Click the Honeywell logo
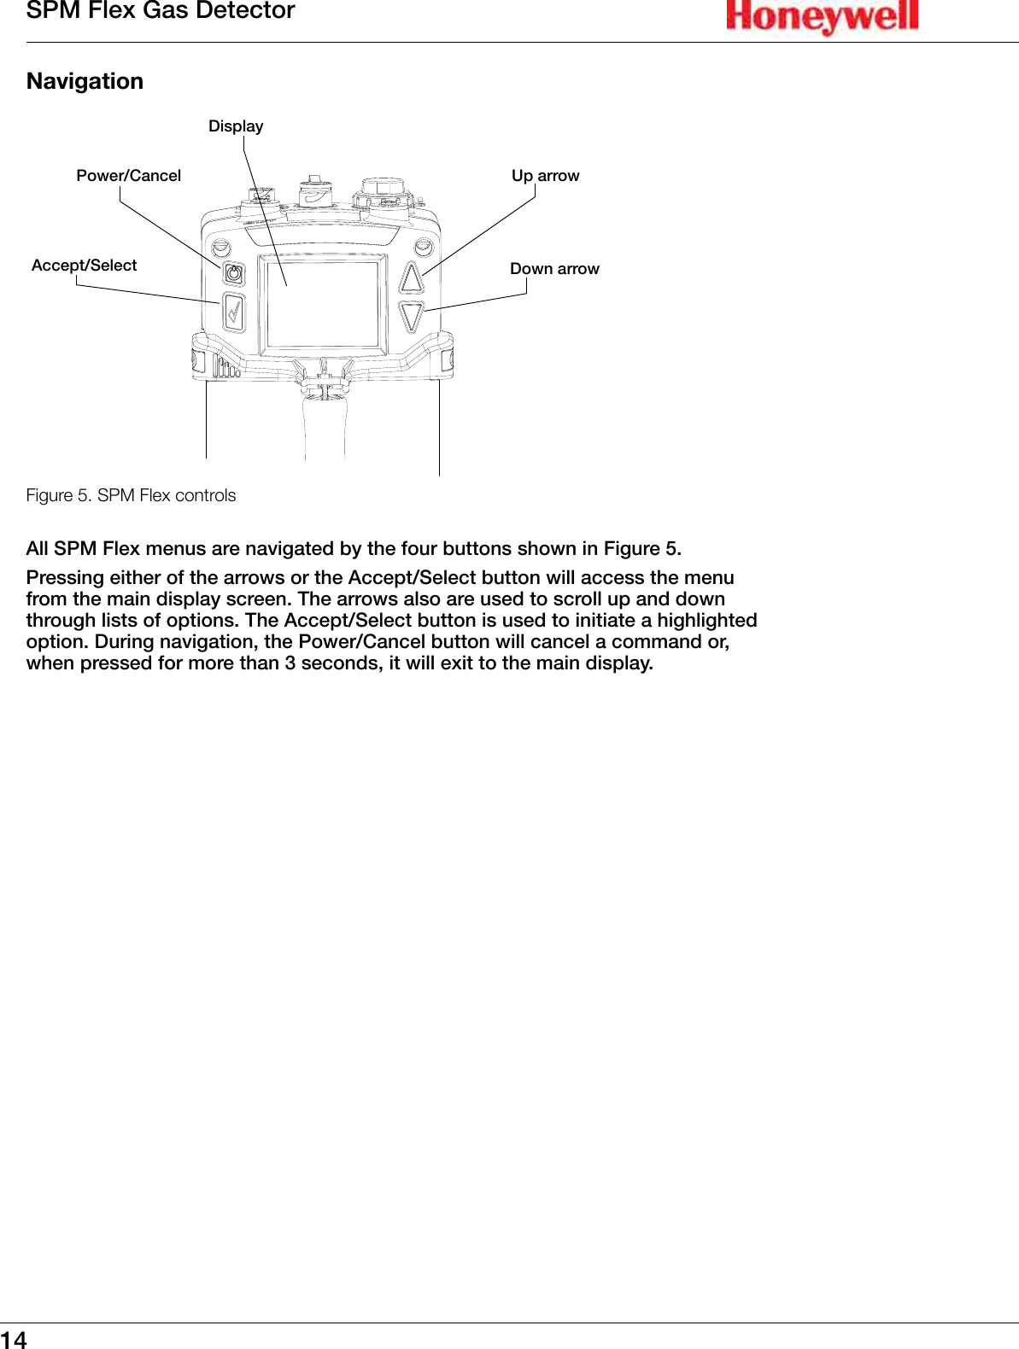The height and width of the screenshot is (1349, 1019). coord(822,17)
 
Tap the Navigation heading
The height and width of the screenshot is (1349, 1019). coord(85,81)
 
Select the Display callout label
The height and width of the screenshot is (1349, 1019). coord(236,126)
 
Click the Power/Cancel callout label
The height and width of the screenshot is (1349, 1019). coord(128,176)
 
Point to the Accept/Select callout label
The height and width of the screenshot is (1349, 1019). coord(84,266)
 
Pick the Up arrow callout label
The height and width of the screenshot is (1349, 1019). coord(545,176)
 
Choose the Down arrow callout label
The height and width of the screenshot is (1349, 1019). coord(554,269)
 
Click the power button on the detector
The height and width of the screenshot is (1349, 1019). coord(233,274)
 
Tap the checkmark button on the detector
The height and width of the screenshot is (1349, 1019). coord(233,312)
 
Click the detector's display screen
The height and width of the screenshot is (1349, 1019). coord(323,303)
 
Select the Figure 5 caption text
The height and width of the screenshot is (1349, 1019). coord(131,495)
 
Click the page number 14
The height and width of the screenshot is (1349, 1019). coord(14,1339)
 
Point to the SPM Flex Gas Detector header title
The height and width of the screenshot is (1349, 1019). coord(161,11)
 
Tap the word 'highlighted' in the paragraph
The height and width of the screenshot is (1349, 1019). coord(706,621)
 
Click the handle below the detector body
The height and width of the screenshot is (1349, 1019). coord(325,427)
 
